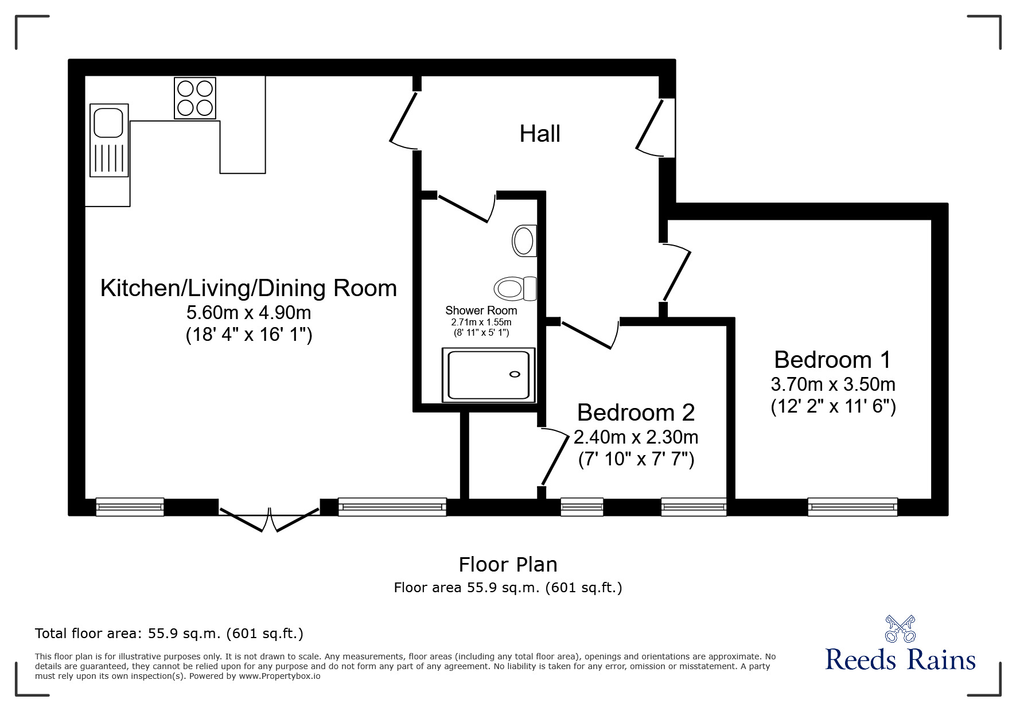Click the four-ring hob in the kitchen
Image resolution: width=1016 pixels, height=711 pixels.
coord(195,98)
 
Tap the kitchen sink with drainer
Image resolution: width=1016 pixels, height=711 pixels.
coord(109,141)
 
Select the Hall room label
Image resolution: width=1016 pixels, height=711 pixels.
coord(540,134)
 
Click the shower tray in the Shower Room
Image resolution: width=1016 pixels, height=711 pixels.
coord(488,375)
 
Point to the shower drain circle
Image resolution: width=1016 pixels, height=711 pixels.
coord(515,375)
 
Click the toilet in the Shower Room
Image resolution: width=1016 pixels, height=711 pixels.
coord(515,288)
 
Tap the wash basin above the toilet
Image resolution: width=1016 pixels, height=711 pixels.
coord(524,240)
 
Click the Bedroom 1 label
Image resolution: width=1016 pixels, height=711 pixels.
coord(832,360)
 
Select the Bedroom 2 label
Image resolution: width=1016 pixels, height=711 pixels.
coord(636,413)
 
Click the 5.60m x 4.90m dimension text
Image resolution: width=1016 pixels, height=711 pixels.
coord(249,313)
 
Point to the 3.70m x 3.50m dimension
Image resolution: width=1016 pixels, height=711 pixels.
coord(833,384)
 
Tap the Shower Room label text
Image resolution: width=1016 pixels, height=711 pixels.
coord(481,310)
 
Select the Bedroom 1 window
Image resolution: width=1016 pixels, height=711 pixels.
coord(852,507)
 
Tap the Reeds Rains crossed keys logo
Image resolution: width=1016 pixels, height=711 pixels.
coord(900,629)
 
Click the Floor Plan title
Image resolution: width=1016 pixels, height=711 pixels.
coord(508,565)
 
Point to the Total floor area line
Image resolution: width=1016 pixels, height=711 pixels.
coord(169,634)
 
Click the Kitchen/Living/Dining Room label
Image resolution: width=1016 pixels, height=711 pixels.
coord(248,288)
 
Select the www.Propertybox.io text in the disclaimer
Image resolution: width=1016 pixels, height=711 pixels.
coord(279,676)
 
